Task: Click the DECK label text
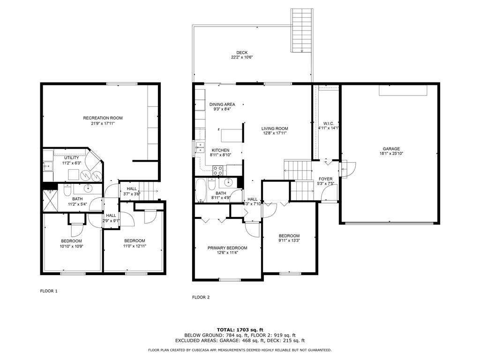click(242, 52)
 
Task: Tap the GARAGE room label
click(390, 149)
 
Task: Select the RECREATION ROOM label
click(103, 118)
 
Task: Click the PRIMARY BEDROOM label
click(227, 248)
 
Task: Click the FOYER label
click(325, 179)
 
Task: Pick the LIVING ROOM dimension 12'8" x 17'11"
click(274, 133)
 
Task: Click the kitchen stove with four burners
click(218, 170)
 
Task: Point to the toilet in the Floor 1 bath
click(67, 190)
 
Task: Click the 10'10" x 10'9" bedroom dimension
click(71, 246)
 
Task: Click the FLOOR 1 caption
click(49, 291)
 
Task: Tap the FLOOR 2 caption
click(201, 297)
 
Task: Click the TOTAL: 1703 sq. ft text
click(240, 330)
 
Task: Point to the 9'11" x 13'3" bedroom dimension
click(289, 241)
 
